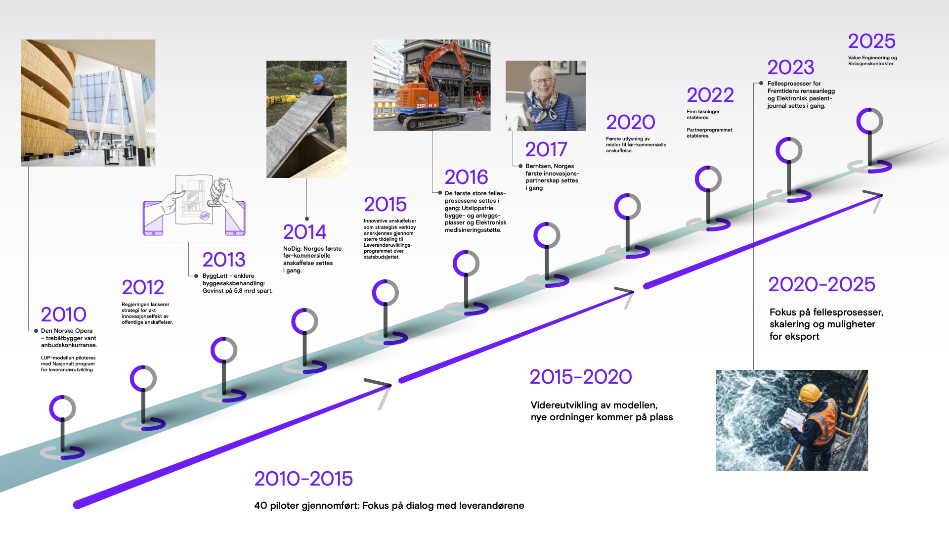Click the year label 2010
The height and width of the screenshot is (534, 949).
[63, 314]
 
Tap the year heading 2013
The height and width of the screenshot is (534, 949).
[224, 260]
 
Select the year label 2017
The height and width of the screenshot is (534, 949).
[546, 149]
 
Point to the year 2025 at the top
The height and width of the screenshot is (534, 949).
[872, 41]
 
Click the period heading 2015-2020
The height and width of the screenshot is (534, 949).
[581, 377]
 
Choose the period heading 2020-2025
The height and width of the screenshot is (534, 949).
[821, 284]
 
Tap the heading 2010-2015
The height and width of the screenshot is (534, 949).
[303, 479]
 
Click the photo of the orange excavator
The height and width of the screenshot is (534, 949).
[432, 85]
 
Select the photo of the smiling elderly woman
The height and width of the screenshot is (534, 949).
[546, 96]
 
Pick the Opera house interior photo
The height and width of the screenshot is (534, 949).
[88, 103]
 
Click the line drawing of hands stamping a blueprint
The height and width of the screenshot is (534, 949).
[194, 205]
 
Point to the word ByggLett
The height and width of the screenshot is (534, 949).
[215, 276]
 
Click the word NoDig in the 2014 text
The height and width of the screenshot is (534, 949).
[292, 249]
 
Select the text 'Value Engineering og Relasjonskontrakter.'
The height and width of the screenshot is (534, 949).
[872, 60]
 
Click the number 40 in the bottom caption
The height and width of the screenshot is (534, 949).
[260, 505]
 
